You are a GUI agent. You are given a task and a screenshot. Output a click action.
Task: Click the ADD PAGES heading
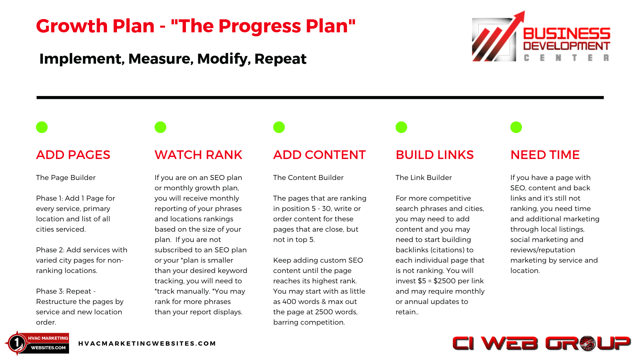click(73, 155)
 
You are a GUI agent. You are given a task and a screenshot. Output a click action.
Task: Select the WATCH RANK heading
click(198, 155)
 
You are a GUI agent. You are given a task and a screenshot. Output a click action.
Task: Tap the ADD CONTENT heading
click(319, 155)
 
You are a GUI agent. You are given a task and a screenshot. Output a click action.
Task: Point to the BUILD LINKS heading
click(435, 155)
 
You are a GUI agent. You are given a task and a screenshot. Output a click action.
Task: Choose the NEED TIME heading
click(545, 155)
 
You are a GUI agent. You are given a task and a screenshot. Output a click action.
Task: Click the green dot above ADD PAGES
click(42, 127)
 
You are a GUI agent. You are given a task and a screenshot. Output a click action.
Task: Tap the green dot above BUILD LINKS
click(401, 127)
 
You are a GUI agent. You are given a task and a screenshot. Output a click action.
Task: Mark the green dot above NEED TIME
click(516, 127)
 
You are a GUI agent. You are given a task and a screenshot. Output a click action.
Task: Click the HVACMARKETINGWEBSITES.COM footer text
click(147, 344)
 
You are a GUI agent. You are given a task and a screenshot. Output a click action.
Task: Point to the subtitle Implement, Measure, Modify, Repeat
click(173, 59)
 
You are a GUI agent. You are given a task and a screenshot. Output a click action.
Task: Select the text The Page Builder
click(66, 178)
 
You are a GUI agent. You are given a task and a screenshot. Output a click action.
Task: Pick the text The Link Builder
click(424, 178)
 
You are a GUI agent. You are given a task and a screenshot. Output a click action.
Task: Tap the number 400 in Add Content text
click(289, 302)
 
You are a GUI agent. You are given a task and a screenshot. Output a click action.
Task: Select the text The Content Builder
click(308, 178)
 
